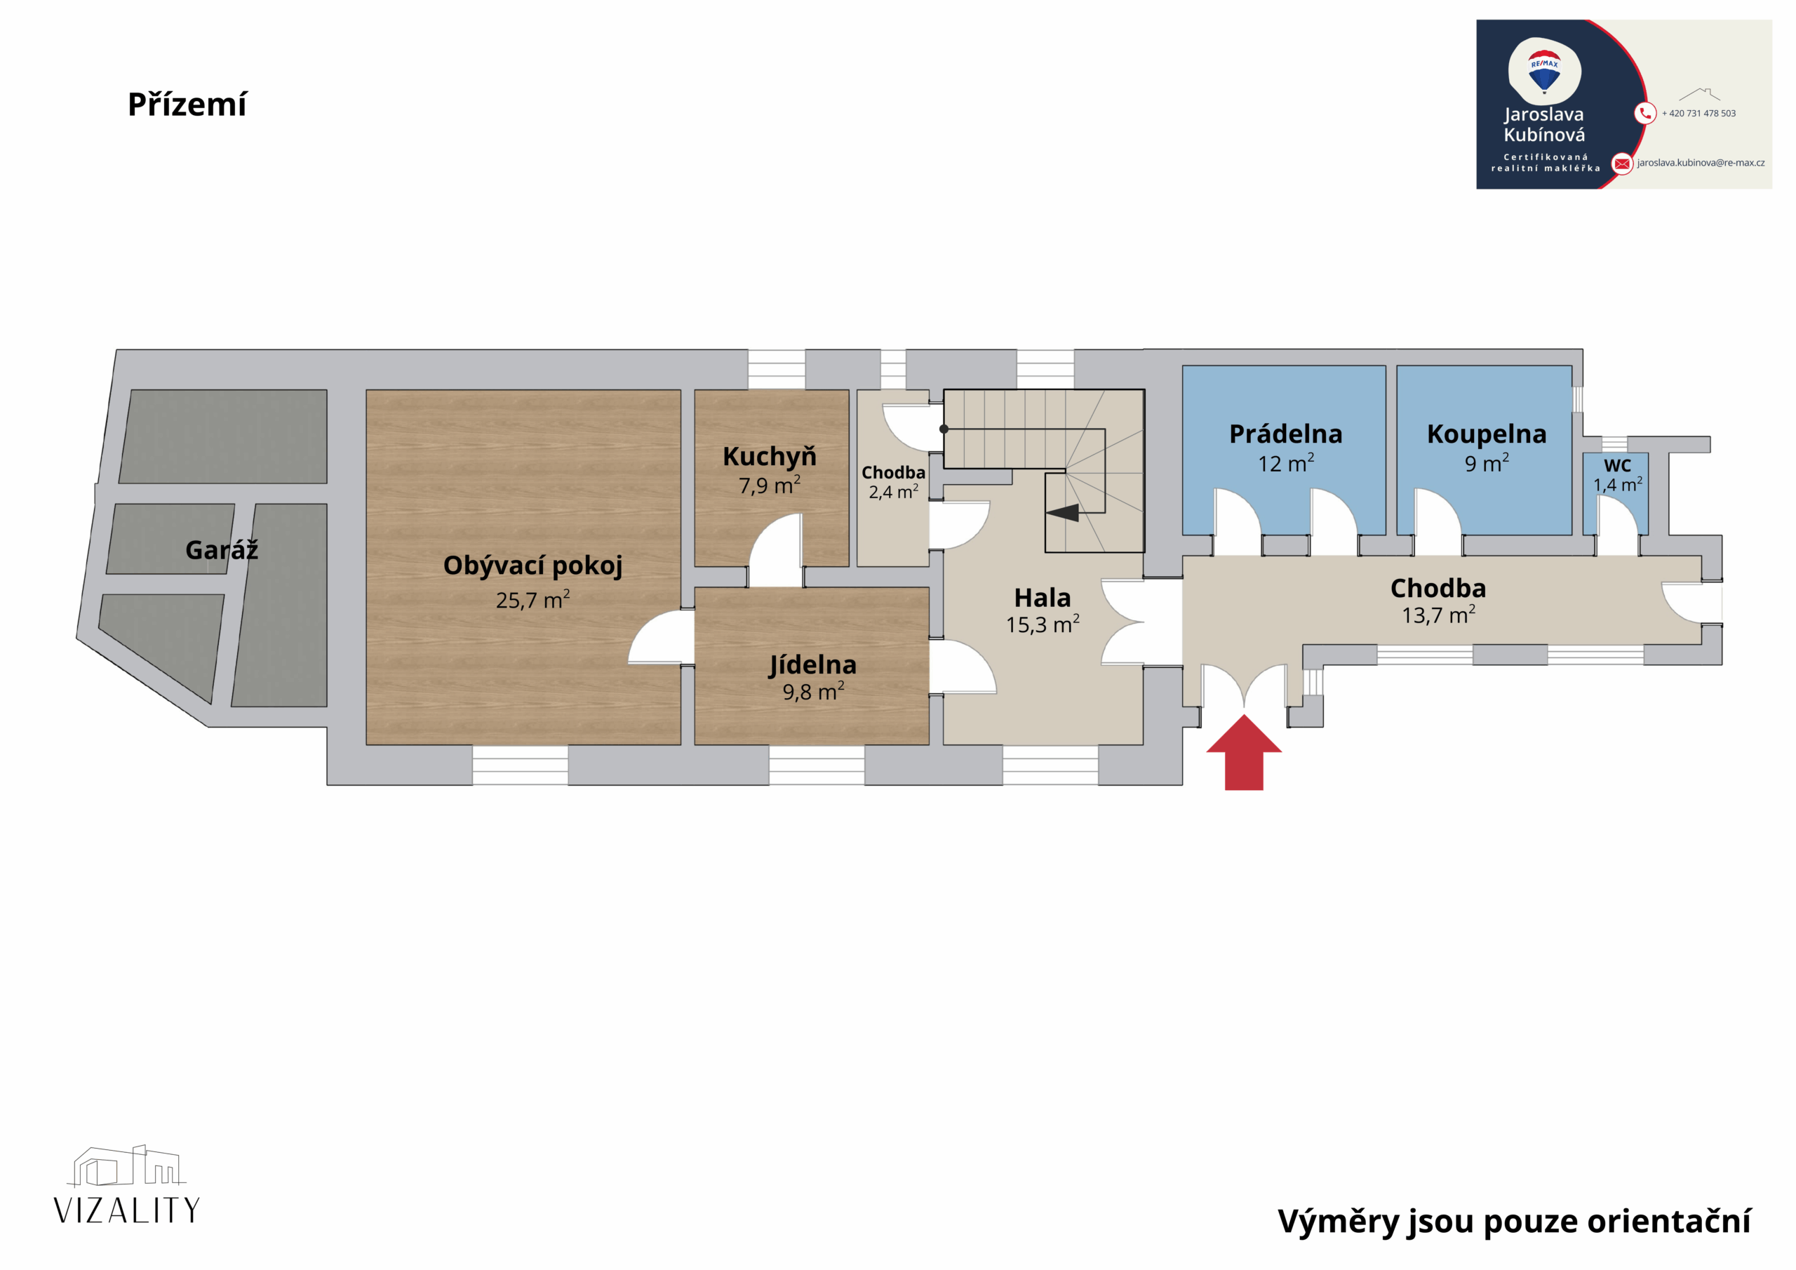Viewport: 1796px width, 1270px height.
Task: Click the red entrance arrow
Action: click(x=1244, y=752)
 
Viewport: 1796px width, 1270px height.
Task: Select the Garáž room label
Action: click(x=222, y=549)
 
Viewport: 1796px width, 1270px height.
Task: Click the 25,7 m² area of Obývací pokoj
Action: click(x=532, y=599)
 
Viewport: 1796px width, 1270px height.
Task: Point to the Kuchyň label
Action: click(x=770, y=455)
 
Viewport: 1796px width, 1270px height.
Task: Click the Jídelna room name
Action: click(x=812, y=664)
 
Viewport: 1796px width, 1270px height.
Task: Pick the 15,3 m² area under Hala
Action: click(x=1043, y=624)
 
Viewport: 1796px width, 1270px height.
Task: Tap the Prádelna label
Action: click(x=1286, y=434)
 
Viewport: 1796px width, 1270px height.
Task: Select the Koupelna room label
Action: click(x=1486, y=434)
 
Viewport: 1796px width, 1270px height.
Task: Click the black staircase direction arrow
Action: click(x=1062, y=512)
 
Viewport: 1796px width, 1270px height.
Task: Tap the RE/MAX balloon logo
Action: click(x=1544, y=72)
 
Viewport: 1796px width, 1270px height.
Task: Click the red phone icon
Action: click(x=1645, y=114)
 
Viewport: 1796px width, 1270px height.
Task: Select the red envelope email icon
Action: click(x=1622, y=163)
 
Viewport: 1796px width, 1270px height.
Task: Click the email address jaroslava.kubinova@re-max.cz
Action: click(x=1701, y=163)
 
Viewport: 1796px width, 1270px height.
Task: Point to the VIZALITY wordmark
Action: click(x=127, y=1210)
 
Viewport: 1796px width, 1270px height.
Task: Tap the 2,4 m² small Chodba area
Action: click(x=893, y=491)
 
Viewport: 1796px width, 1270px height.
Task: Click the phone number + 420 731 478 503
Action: click(x=1698, y=114)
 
